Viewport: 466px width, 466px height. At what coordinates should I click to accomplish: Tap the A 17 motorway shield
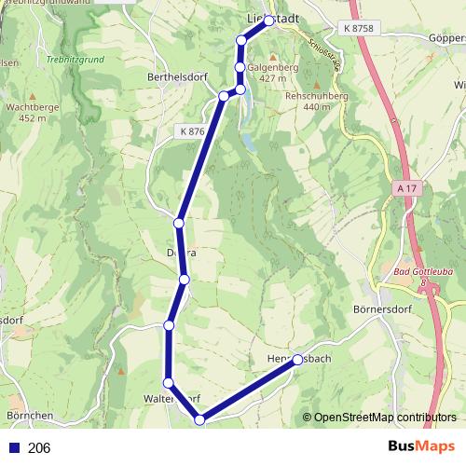pyautogui.click(x=405, y=188)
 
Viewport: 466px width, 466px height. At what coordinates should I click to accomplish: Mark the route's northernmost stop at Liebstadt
pyautogui.click(x=269, y=20)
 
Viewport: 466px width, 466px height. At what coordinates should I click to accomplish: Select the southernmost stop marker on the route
pyautogui.click(x=199, y=420)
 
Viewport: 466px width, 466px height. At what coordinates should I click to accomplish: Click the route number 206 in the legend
pyautogui.click(x=39, y=448)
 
